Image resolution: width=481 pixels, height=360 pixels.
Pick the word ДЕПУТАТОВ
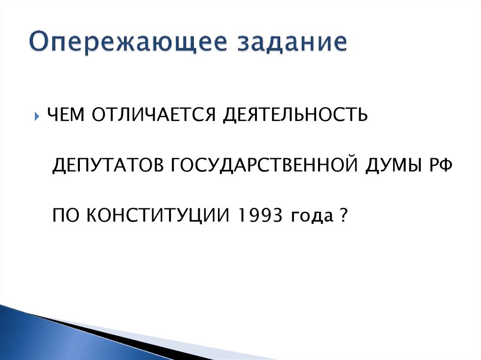click(x=105, y=166)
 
